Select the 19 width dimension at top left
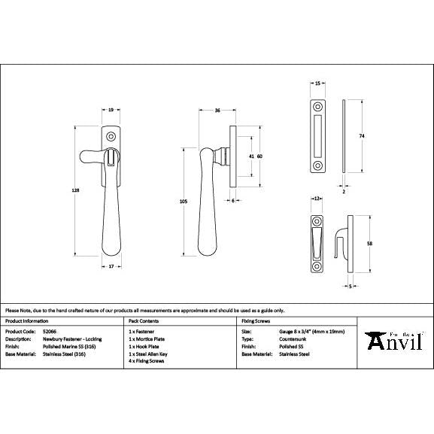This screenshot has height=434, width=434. [111, 111]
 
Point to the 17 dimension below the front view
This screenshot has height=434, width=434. [111, 266]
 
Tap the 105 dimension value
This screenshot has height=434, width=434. [183, 201]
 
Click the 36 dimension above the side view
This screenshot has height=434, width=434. [217, 111]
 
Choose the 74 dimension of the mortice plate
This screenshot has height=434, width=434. [362, 135]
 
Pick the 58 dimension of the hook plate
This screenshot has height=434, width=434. [369, 243]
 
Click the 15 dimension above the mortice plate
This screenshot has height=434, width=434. [317, 83]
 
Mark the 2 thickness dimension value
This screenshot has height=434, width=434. [344, 192]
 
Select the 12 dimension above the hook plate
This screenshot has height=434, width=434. [317, 198]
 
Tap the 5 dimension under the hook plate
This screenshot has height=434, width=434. [351, 287]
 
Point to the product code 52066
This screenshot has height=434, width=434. [50, 331]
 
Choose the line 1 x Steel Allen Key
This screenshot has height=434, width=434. [150, 354]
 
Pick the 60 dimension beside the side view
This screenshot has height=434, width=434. [259, 156]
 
